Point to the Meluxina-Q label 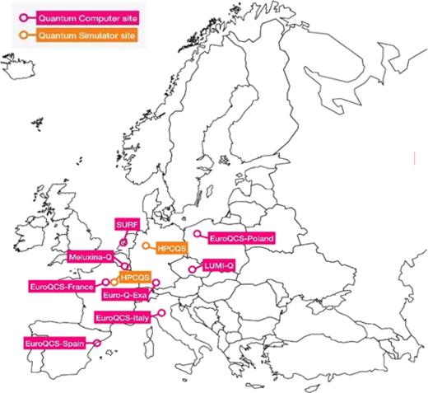point(91,257)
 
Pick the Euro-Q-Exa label point(123,294)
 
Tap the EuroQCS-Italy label point(124,317)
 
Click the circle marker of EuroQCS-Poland point(196,234)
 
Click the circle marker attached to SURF point(123,242)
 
